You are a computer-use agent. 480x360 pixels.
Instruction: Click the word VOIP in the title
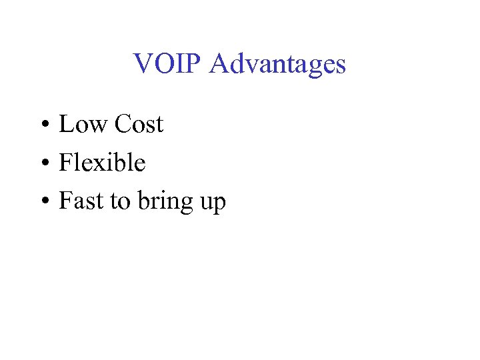168,64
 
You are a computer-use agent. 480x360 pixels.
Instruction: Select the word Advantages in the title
277,64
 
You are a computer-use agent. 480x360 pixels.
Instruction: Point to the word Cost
139,124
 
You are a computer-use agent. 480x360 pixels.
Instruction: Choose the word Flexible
102,162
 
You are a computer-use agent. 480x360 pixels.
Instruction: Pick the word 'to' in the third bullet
120,201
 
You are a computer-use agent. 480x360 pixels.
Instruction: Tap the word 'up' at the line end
213,203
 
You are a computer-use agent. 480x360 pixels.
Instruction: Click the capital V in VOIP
143,64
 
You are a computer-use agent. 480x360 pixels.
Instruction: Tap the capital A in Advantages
219,64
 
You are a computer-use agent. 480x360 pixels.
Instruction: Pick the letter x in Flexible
103,164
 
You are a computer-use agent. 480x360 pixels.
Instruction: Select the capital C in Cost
123,124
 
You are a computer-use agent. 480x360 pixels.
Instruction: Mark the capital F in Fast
65,201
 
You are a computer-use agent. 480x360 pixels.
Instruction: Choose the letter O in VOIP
164,64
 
